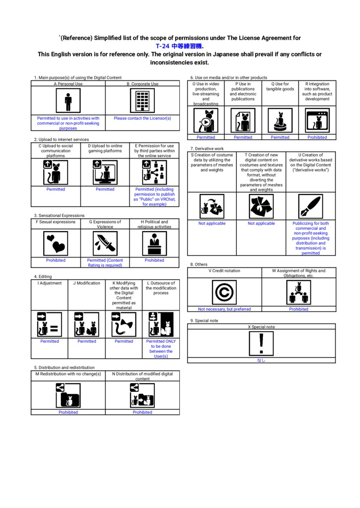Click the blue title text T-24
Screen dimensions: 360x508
(x=162, y=46)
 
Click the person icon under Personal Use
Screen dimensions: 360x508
(x=68, y=101)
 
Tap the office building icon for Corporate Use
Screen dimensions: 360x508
(x=143, y=101)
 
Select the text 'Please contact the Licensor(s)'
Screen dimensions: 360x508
(x=143, y=118)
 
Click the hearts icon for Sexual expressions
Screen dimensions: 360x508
(x=56, y=244)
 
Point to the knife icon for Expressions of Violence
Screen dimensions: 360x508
(x=105, y=244)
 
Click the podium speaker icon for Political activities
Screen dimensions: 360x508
(x=154, y=244)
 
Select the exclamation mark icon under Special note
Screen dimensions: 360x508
(x=261, y=344)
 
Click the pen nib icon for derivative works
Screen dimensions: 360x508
(x=311, y=206)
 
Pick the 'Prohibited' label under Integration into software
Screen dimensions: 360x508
(x=317, y=137)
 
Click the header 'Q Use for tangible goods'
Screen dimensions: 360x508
(x=280, y=86)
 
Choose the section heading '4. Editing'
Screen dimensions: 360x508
(x=43, y=277)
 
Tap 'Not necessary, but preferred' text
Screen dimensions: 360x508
(x=224, y=309)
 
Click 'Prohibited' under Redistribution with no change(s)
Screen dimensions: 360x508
(x=68, y=412)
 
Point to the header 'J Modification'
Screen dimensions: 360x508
(x=86, y=283)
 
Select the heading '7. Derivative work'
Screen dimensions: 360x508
(x=207, y=149)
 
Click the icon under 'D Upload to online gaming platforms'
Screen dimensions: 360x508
(x=105, y=172)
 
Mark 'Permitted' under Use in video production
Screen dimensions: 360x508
(x=206, y=137)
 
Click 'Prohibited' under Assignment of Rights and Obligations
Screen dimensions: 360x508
(x=299, y=309)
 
